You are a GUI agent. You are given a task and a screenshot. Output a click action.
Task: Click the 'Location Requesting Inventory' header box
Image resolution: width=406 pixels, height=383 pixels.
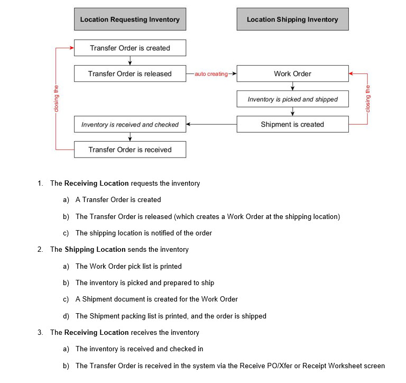[130, 20]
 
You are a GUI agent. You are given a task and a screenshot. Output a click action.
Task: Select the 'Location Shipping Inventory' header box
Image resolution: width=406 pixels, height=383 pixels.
[292, 20]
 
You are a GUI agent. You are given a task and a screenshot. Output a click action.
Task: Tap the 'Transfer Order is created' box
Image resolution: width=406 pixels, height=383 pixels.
[130, 48]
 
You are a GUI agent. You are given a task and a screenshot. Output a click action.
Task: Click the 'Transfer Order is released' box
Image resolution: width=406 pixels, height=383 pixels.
[130, 74]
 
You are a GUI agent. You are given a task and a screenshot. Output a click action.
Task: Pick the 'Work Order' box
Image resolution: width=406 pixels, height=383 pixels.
[292, 74]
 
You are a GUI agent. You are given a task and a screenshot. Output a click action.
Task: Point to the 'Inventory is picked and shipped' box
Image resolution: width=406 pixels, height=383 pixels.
[292, 99]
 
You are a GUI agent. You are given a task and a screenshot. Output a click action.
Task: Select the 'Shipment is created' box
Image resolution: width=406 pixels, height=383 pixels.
[292, 124]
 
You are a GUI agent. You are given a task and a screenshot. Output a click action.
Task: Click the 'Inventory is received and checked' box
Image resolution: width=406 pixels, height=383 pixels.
[130, 124]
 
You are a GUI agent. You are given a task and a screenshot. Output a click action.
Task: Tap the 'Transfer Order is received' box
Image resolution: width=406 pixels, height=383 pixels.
[130, 150]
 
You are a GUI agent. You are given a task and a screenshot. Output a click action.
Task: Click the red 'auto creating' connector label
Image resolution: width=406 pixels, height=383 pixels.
[211, 74]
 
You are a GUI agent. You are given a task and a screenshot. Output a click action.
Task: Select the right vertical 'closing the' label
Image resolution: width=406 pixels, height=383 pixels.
[368, 99]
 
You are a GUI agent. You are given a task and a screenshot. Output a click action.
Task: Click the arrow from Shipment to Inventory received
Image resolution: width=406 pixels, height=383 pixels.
[211, 124]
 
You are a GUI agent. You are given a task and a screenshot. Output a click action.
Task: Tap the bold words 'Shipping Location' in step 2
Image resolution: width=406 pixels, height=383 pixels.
[95, 249]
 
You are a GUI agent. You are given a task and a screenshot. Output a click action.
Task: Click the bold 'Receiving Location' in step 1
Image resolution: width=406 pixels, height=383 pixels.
[97, 184]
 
